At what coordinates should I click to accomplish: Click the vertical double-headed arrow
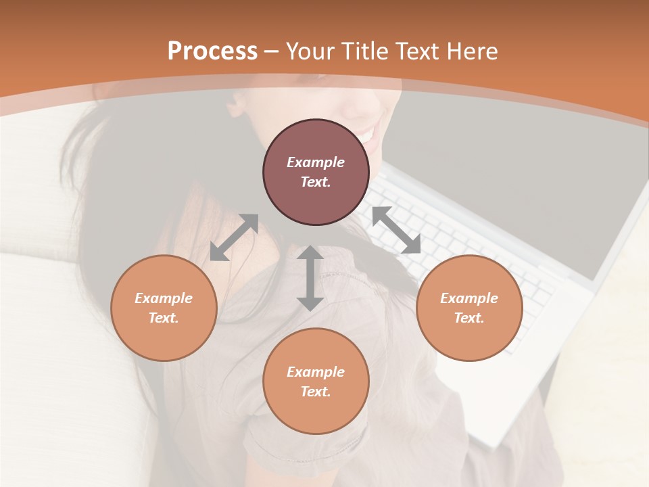coord(310,278)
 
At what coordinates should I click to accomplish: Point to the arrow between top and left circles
coord(234,237)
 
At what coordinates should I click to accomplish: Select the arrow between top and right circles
coord(396,230)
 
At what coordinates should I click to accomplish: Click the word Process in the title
coord(212,51)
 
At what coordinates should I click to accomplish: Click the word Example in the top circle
coord(316,162)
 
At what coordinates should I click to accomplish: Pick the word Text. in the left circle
coord(164,318)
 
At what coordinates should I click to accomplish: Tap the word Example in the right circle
coord(469,298)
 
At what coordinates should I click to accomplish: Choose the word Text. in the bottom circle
coord(316,392)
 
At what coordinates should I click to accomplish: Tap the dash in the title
coord(272,51)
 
